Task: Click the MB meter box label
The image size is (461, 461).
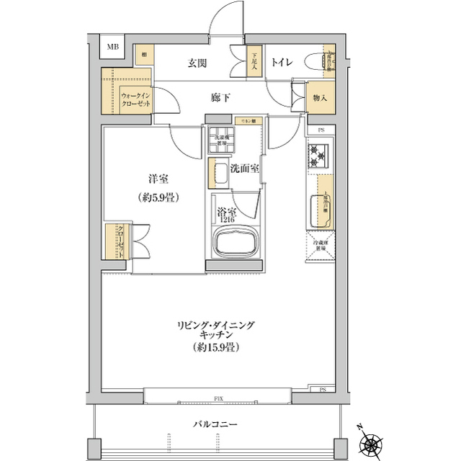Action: coord(113,48)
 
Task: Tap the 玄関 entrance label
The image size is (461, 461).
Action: coord(198,63)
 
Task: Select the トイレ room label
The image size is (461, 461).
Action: coord(281,63)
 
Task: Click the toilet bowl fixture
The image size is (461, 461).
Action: coord(314,63)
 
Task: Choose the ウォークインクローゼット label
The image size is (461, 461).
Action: coord(136,99)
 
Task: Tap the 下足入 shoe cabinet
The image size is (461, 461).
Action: coord(254,63)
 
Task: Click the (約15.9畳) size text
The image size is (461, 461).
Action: coord(215,347)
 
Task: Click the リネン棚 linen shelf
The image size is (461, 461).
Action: coord(249,120)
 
